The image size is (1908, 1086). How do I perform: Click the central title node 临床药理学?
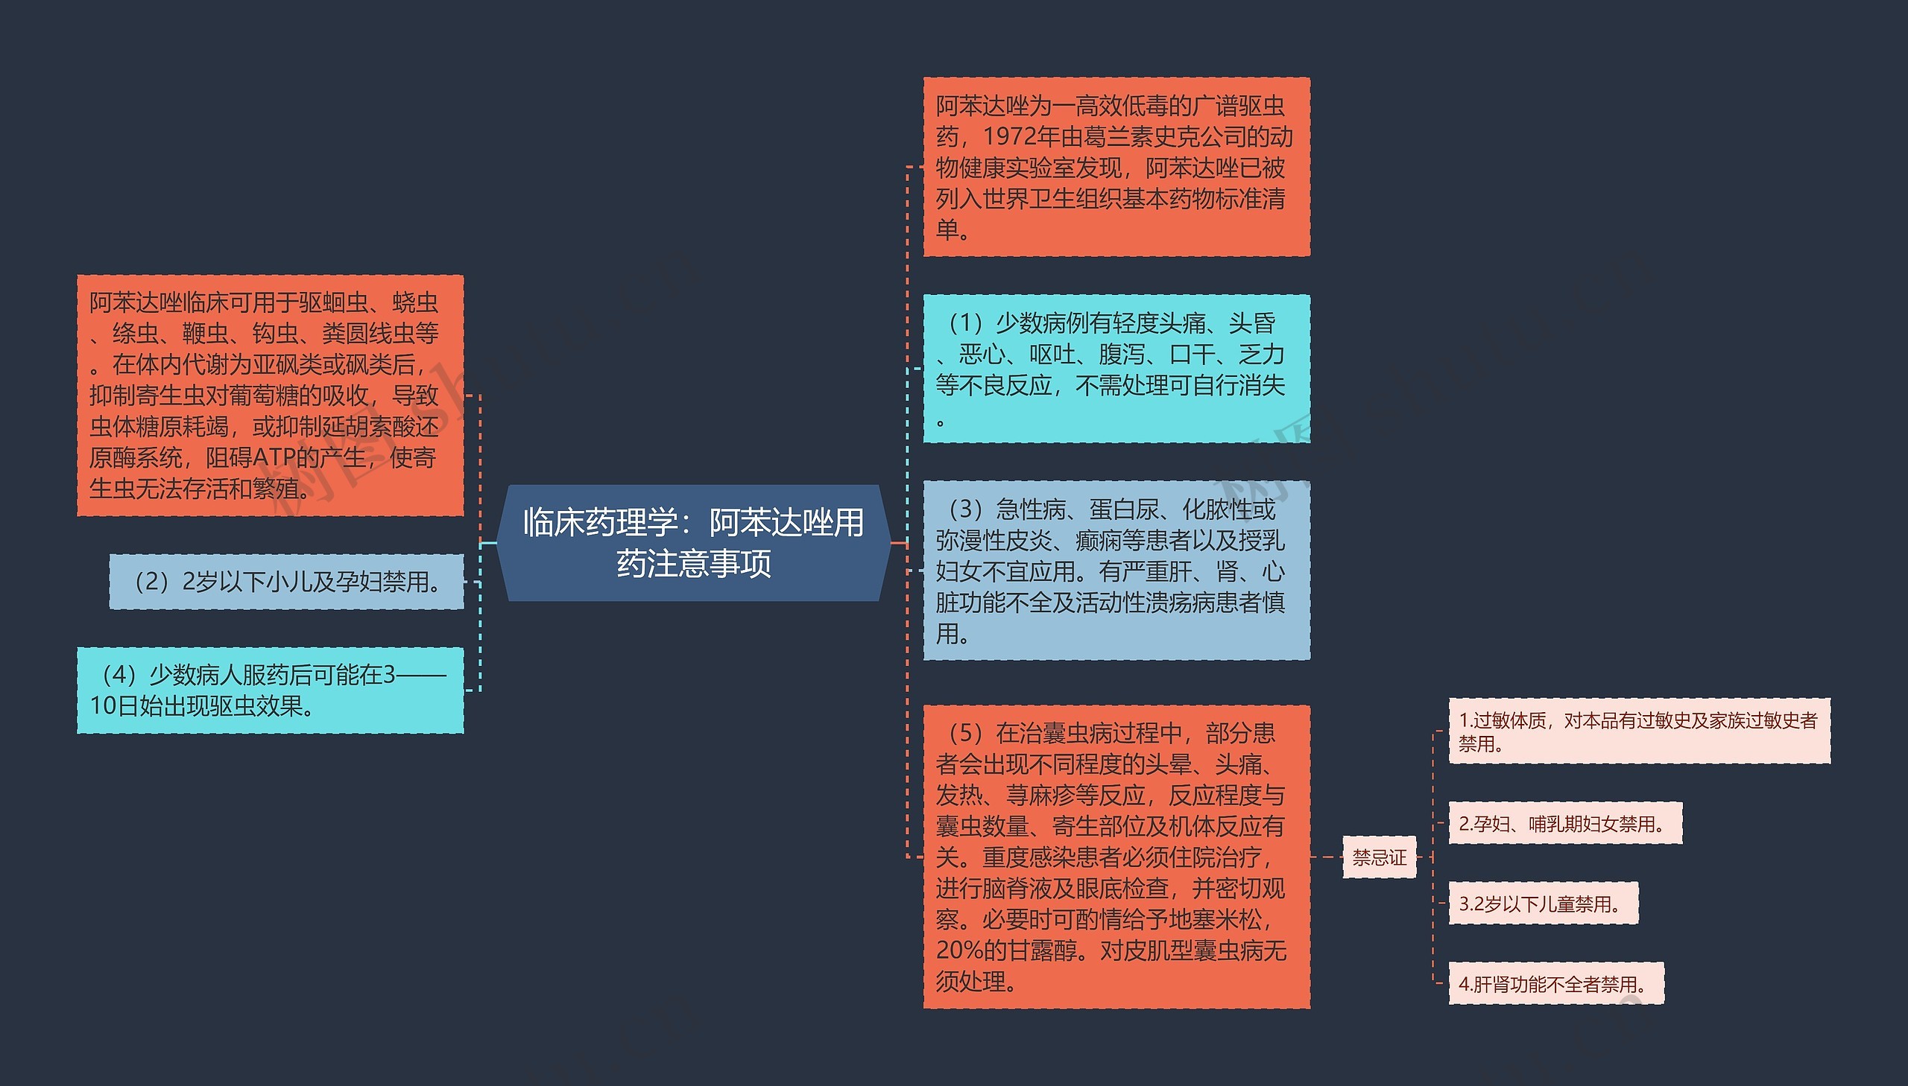pyautogui.click(x=693, y=542)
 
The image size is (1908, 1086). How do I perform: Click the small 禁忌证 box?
pyautogui.click(x=1379, y=857)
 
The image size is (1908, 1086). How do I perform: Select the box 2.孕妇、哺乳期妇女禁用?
pyautogui.click(x=1564, y=824)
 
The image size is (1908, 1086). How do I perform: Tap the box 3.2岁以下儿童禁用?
pyautogui.click(x=1542, y=904)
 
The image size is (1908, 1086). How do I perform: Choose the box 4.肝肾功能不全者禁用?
pyautogui.click(x=1555, y=984)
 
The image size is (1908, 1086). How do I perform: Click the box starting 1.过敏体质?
pyautogui.click(x=1639, y=731)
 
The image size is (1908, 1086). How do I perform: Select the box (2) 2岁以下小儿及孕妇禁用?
pyautogui.click(x=286, y=582)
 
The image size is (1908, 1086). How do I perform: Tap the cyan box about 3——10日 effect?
pyautogui.click(x=270, y=690)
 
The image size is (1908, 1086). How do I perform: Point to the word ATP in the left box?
pyautogui.click(x=274, y=457)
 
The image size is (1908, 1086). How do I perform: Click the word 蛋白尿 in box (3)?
pyautogui.click(x=1124, y=509)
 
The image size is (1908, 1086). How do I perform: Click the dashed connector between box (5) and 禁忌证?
pyautogui.click(x=1327, y=857)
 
